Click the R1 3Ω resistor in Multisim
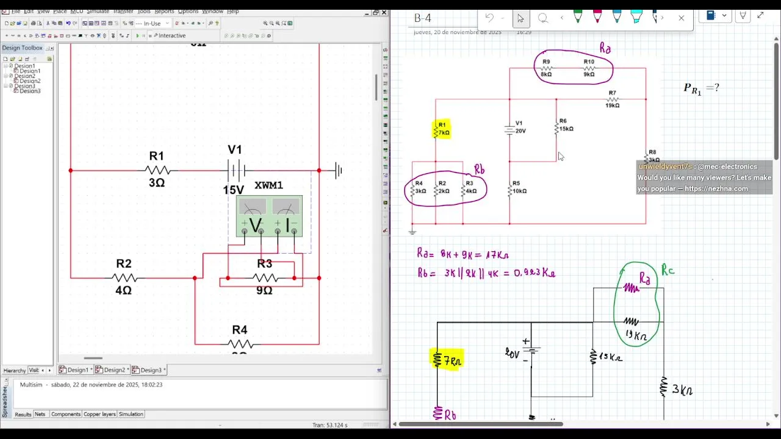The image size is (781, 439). pyautogui.click(x=157, y=171)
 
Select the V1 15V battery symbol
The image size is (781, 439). pyautogui.click(x=236, y=170)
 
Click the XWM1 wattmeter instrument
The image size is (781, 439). pyautogui.click(x=269, y=216)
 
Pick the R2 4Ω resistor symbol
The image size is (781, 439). pyautogui.click(x=124, y=278)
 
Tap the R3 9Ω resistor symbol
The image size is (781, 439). pyautogui.click(x=265, y=278)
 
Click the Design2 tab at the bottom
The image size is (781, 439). pyautogui.click(x=114, y=370)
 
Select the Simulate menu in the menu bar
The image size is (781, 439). pyautogui.click(x=98, y=11)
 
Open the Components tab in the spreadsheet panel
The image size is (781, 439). pyautogui.click(x=65, y=414)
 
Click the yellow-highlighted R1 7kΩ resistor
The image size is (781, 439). pyautogui.click(x=442, y=129)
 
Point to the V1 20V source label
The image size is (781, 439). pyautogui.click(x=520, y=127)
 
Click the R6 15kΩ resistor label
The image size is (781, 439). pyautogui.click(x=566, y=125)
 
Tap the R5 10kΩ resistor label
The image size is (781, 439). pyautogui.click(x=519, y=187)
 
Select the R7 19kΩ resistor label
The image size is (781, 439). pyautogui.click(x=612, y=99)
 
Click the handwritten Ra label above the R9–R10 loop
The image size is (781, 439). pyautogui.click(x=605, y=48)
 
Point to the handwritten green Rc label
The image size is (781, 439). pyautogui.click(x=668, y=269)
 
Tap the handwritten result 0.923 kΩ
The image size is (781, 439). pyautogui.click(x=534, y=273)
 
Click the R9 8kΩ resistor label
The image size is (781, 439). pyautogui.click(x=545, y=68)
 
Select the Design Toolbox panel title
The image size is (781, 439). pyautogui.click(x=22, y=48)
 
